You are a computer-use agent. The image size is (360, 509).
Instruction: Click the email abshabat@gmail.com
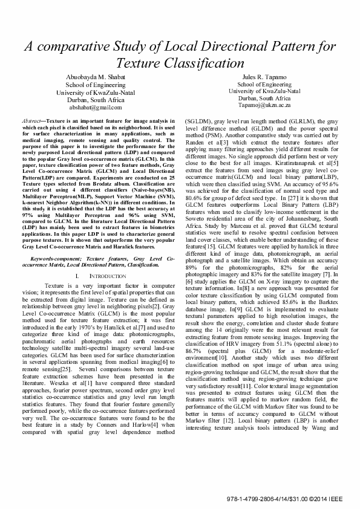coord(96,107)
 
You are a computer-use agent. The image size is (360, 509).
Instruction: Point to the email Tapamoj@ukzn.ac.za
coord(264,105)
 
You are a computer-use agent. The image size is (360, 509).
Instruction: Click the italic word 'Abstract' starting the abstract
coord(31,122)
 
